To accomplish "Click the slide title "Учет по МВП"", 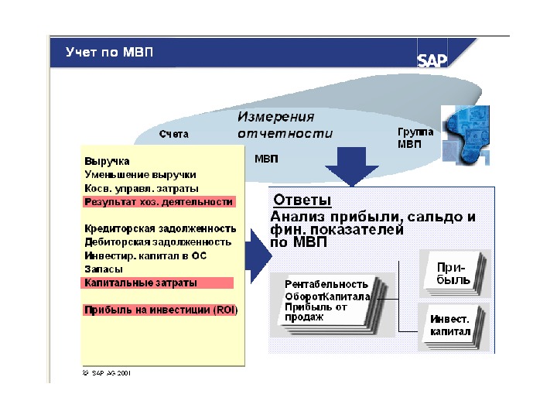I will pyautogui.click(x=110, y=53).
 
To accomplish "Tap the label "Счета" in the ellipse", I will pyautogui.click(x=174, y=135).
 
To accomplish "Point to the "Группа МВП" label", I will pyautogui.click(x=415, y=138).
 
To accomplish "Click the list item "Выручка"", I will pyautogui.click(x=107, y=162).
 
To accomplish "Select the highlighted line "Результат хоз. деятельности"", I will pyautogui.click(x=159, y=201).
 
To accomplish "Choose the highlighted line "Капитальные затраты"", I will pyautogui.click(x=141, y=283).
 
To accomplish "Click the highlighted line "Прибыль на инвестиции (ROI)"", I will pyautogui.click(x=161, y=310).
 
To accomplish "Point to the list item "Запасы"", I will pyautogui.click(x=103, y=269).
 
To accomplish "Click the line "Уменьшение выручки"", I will pyautogui.click(x=140, y=175).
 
